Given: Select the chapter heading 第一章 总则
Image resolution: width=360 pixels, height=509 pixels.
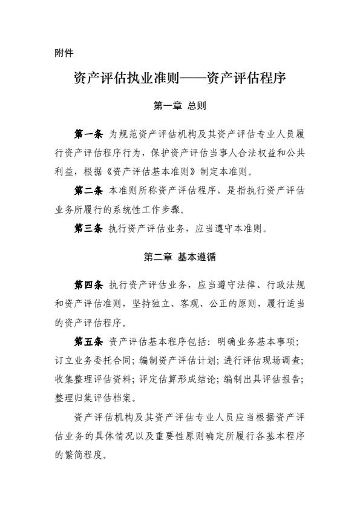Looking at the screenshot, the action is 180,106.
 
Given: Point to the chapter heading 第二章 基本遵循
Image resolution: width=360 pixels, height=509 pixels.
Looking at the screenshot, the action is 180,257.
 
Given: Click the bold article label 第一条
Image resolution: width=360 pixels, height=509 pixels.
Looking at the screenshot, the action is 88,133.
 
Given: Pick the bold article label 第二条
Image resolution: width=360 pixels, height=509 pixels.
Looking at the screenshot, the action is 88,190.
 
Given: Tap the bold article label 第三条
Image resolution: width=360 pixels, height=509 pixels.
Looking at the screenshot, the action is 88,228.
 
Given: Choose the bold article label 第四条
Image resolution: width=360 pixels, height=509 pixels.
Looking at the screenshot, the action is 88,284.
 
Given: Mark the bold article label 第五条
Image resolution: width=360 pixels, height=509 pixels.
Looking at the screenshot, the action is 88,341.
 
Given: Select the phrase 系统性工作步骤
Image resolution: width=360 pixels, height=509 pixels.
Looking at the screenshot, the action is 149,209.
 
